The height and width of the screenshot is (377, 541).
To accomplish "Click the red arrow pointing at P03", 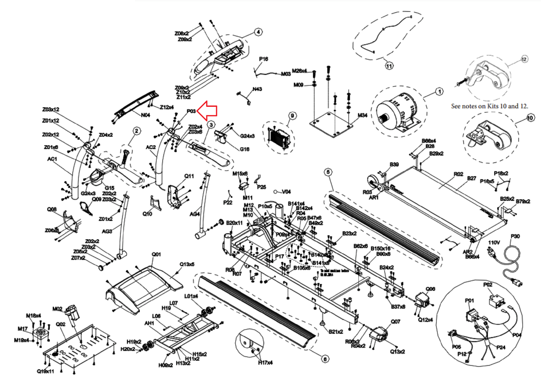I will pyautogui.click(x=207, y=111).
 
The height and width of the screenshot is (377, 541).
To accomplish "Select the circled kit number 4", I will pyautogui.click(x=258, y=32).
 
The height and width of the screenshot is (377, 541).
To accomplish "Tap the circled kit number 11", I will pyautogui.click(x=389, y=66).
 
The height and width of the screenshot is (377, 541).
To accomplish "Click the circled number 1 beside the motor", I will pyautogui.click(x=439, y=92).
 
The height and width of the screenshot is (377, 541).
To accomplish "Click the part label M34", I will pyautogui.click(x=362, y=115).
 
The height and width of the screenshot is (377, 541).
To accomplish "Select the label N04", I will pyautogui.click(x=145, y=115).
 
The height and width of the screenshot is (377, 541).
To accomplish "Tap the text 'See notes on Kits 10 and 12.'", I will pyautogui.click(x=489, y=106).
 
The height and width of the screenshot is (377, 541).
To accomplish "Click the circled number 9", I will pyautogui.click(x=292, y=116).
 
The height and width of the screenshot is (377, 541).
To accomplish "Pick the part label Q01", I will pyautogui.click(x=156, y=254).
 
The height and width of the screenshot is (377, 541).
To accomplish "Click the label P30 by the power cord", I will pyautogui.click(x=515, y=236).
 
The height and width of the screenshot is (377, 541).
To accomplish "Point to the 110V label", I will pyautogui.click(x=494, y=242).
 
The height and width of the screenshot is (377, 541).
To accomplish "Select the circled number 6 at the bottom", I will pyautogui.click(x=325, y=359).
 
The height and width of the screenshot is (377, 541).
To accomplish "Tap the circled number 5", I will pyautogui.click(x=328, y=172).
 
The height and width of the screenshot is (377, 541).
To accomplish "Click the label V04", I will pyautogui.click(x=286, y=192).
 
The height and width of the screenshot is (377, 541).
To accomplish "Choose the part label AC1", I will pyautogui.click(x=52, y=159).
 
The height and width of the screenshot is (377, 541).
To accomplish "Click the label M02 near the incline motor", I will pyautogui.click(x=57, y=309).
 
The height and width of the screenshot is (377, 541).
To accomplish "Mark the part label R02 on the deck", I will pyautogui.click(x=458, y=174).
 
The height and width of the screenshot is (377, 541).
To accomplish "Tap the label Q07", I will pyautogui.click(x=395, y=322).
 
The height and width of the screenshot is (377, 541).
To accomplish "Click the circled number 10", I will pyautogui.click(x=530, y=118).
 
